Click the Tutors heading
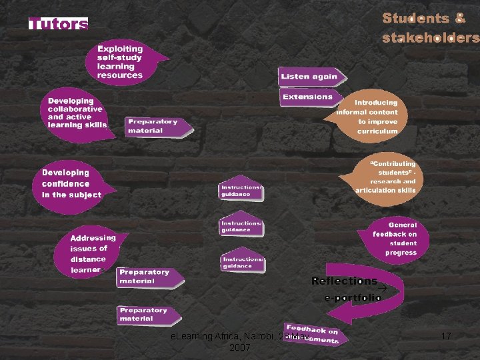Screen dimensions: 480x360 coord(58,25)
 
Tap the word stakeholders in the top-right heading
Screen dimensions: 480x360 coord(430,38)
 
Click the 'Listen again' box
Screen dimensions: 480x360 coord(311,76)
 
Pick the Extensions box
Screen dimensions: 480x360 coord(308,97)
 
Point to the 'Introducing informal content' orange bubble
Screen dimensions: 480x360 coord(375,117)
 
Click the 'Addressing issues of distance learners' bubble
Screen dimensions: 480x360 coord(91,254)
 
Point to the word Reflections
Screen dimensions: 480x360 coord(344,281)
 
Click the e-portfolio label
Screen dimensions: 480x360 coord(352,298)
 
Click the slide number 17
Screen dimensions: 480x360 coord(446,337)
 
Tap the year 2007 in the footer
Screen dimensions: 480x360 coord(239,347)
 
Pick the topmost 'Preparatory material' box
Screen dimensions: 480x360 coord(155,126)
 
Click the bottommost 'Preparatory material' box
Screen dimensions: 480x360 coord(147,315)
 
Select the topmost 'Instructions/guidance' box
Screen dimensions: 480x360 coord(241,190)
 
